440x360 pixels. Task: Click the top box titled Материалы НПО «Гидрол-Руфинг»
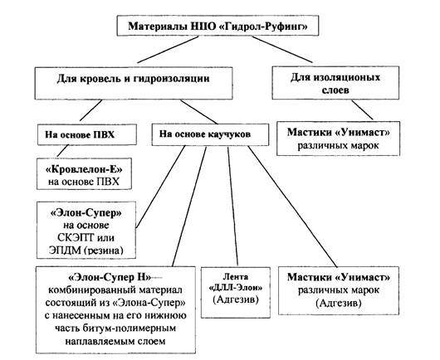pyautogui.click(x=218, y=26)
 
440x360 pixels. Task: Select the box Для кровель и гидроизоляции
pyautogui.click(x=134, y=83)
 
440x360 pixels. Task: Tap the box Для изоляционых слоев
pyautogui.click(x=335, y=83)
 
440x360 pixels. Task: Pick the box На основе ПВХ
pyautogui.click(x=87, y=134)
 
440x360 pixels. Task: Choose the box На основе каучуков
pyautogui.click(x=210, y=134)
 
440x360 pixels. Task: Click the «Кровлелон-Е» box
pyautogui.click(x=84, y=174)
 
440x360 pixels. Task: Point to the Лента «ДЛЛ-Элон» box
pyautogui.click(x=236, y=293)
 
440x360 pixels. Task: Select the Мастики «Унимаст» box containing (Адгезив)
pyautogui.click(x=339, y=290)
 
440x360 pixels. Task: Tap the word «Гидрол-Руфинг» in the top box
pyautogui.click(x=262, y=26)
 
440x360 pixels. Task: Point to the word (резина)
pyautogui.click(x=104, y=250)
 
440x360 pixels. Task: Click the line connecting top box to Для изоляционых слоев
pyautogui.click(x=282, y=49)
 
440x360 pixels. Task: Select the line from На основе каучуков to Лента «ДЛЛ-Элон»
pyautogui.click(x=233, y=206)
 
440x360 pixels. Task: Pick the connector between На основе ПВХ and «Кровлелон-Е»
pyautogui.click(x=63, y=151)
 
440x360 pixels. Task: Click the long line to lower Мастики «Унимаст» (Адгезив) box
pyautogui.click(x=293, y=207)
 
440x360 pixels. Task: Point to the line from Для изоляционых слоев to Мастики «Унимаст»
pyautogui.click(x=363, y=109)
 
